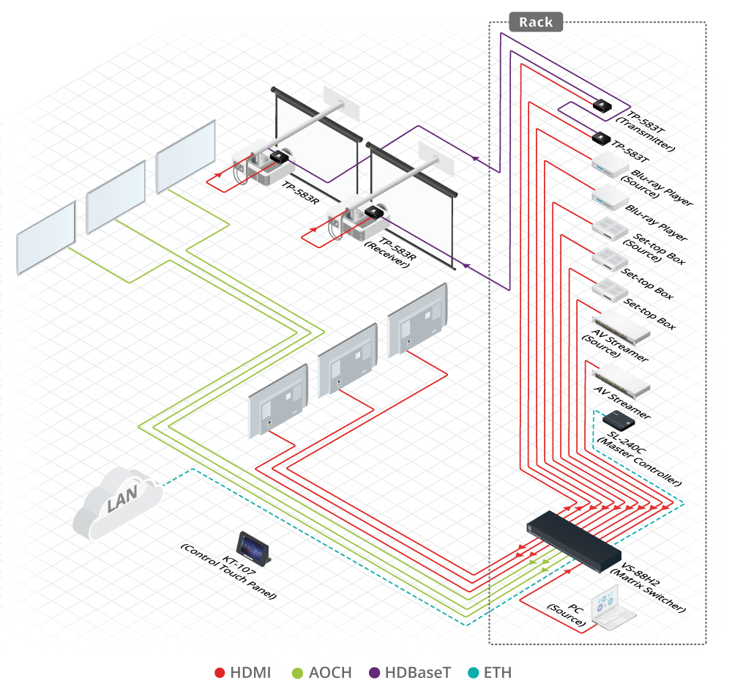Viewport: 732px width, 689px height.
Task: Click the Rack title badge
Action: point(536,22)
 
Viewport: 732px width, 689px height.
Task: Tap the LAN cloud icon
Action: point(119,502)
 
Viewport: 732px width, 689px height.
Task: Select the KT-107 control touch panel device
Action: point(253,546)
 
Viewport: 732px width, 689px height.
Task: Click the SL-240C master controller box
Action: point(619,420)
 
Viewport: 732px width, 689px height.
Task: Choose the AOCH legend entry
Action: point(321,672)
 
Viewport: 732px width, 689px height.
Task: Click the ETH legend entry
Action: point(490,672)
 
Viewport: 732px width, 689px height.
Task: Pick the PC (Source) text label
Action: point(568,616)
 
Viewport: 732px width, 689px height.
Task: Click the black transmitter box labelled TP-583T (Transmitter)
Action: point(603,105)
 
